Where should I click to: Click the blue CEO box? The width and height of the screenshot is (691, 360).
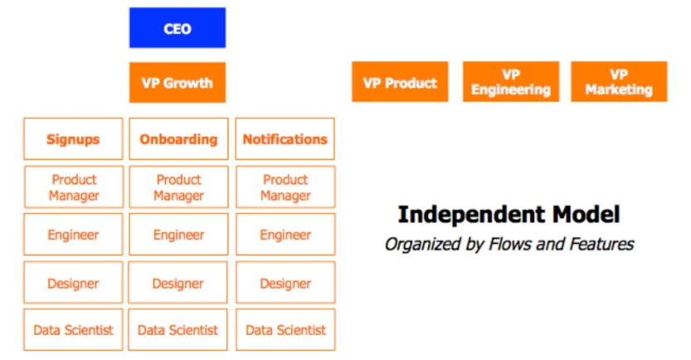(178, 27)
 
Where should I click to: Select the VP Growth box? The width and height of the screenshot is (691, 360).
(178, 82)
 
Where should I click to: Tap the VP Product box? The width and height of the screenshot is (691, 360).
(400, 82)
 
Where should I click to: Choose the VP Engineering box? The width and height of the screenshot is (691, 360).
(511, 82)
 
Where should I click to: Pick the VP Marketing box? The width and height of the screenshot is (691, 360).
(619, 82)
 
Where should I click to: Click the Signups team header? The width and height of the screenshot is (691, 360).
(73, 139)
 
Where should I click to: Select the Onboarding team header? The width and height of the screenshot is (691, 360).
(178, 139)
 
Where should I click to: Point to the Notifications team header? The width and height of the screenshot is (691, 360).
(285, 139)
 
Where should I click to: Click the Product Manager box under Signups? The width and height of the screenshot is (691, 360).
(74, 187)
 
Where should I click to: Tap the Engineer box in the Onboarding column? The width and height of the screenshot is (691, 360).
(178, 235)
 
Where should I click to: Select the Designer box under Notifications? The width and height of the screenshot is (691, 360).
(285, 283)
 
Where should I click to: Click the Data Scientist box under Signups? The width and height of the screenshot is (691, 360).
(73, 329)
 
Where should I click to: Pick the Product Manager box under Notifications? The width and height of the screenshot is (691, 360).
(285, 187)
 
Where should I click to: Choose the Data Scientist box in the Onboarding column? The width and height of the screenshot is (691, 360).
(178, 329)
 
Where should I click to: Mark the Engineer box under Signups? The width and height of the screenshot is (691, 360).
(73, 235)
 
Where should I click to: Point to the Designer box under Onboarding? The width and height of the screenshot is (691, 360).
(178, 283)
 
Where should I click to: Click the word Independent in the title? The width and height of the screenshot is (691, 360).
(471, 215)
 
